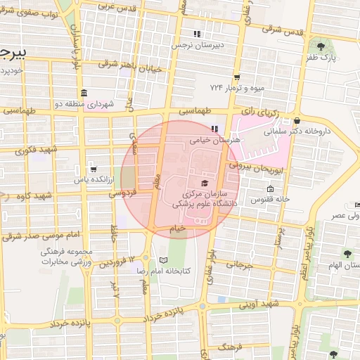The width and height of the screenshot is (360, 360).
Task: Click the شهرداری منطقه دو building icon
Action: point(84,94)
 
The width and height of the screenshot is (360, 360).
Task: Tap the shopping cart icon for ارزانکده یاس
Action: point(94,169)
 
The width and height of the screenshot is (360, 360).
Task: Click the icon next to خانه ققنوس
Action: point(270,189)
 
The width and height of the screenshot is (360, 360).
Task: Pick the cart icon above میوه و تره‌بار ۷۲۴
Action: point(238,77)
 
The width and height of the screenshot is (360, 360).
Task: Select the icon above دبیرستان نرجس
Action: point(198,34)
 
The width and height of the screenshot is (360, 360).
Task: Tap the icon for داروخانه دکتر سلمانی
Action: point(298,120)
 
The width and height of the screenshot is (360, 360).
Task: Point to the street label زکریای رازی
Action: point(257,111)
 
